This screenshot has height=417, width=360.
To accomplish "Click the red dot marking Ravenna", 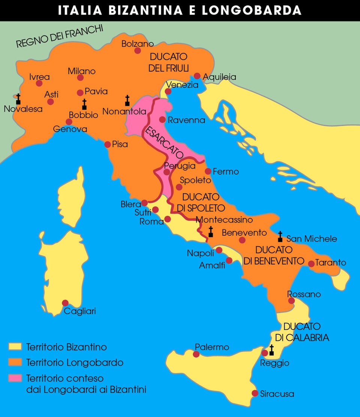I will (x=162, y=120).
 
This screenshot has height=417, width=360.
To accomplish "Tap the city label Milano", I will (x=81, y=71).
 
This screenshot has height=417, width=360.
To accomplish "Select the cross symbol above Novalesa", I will (x=18, y=99).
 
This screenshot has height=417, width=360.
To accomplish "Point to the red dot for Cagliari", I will (x=65, y=303).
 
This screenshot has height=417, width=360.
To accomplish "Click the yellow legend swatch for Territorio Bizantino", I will (x=15, y=347).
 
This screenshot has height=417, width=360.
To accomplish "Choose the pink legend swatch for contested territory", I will (x=15, y=378).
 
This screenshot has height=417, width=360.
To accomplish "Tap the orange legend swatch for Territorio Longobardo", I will (x=15, y=362).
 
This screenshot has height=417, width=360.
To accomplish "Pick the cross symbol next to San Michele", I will (x=280, y=236).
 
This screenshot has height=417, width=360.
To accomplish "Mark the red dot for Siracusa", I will (x=255, y=393).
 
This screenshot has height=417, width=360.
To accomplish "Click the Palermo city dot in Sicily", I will (x=196, y=354).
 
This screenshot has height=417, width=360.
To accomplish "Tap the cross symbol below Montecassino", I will (x=211, y=232).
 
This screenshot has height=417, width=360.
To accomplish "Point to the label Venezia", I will (x=182, y=85).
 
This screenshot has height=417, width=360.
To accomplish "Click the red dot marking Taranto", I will (x=311, y=264).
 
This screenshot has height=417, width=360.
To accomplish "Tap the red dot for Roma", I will (x=168, y=219).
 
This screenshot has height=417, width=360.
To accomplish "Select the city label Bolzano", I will (x=138, y=44).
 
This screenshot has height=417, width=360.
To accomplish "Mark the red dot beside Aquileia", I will (x=197, y=76).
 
